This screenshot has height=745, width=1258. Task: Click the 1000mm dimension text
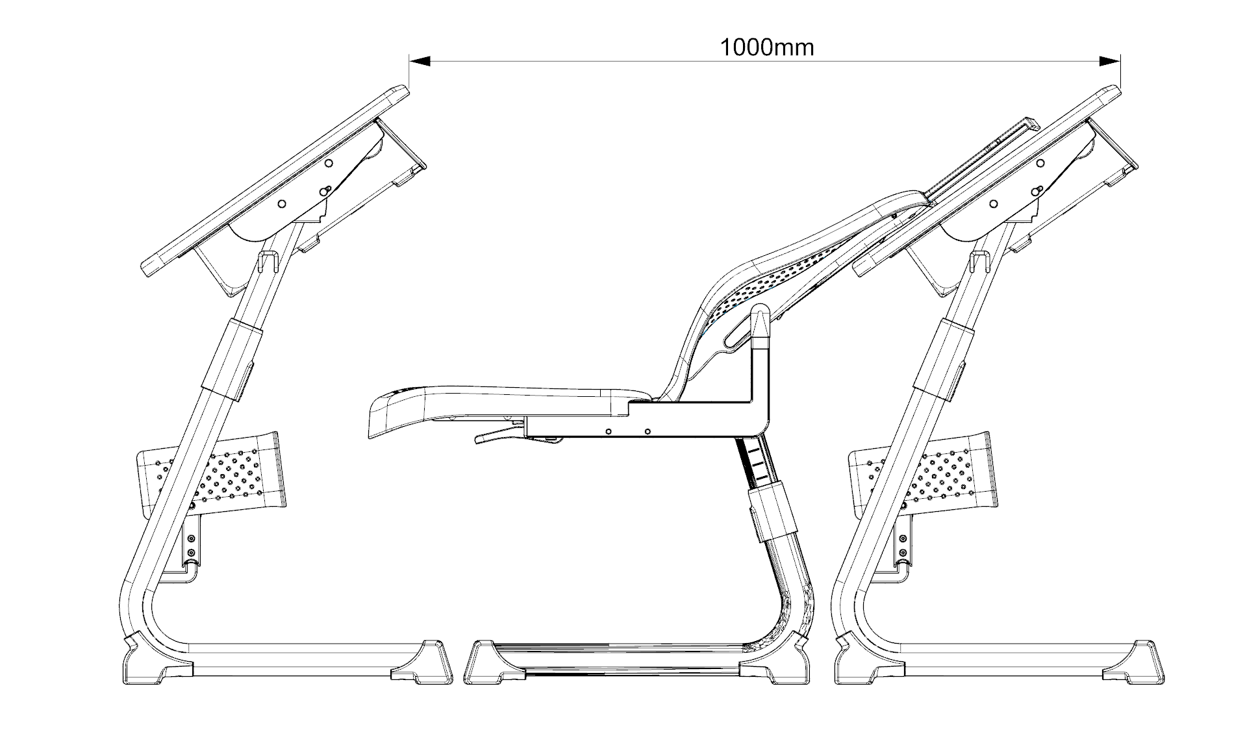coord(766,47)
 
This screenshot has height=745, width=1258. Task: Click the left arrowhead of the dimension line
coord(420,61)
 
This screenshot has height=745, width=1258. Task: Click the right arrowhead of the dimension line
coord(1109,61)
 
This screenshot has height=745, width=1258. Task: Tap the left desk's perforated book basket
coord(214,472)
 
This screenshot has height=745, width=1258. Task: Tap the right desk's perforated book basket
coord(925,472)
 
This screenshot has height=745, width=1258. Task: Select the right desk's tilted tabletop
coord(987,182)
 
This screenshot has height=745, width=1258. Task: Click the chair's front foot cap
coord(487,663)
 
